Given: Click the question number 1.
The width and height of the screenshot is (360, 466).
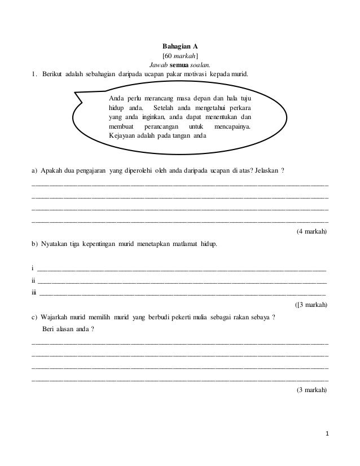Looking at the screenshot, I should click(x=34, y=74).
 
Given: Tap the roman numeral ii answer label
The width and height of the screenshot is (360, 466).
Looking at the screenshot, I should click(x=33, y=280).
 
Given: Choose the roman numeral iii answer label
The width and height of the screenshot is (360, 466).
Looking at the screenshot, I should click(x=34, y=292).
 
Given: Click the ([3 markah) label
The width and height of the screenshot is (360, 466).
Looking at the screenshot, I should click(x=311, y=305).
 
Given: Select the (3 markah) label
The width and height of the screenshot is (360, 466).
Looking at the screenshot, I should click(x=311, y=390).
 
